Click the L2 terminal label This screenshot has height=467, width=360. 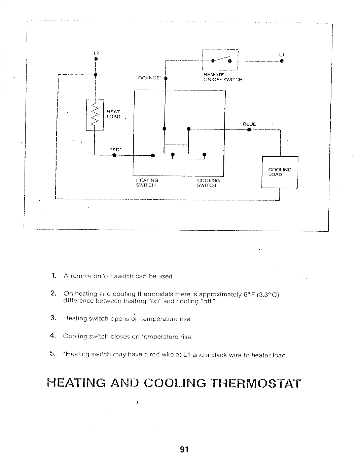(96, 53)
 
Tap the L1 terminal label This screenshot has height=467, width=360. (282, 55)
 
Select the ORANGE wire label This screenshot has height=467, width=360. (149, 78)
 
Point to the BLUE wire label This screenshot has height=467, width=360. (249, 124)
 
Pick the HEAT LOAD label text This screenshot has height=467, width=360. (113, 114)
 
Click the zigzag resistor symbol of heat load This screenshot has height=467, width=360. (95, 115)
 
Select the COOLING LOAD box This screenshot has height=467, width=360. (280, 172)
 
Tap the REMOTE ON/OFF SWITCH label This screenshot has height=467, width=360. (223, 77)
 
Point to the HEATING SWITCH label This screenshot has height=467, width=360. (147, 183)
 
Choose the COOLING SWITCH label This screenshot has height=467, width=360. (208, 183)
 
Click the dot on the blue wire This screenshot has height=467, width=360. (249, 129)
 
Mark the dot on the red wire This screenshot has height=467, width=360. (114, 155)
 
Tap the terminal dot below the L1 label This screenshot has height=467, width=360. (282, 61)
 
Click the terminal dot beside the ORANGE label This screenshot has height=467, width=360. (166, 78)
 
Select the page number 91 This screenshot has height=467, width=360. (184, 450)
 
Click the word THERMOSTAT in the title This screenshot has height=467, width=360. (255, 383)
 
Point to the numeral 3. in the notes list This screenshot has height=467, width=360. (53, 318)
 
